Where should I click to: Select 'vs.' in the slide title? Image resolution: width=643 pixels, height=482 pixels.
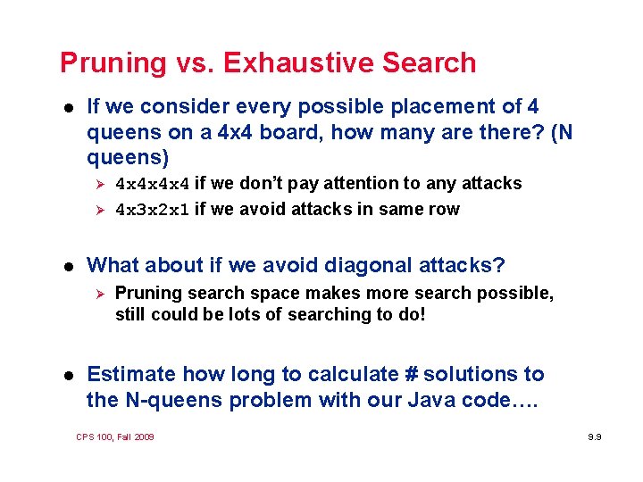click(x=194, y=63)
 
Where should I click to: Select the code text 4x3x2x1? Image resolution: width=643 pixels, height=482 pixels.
click(x=153, y=211)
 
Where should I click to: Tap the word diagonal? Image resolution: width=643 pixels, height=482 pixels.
click(x=372, y=266)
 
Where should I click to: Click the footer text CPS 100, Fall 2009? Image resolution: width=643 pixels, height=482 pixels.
click(x=115, y=436)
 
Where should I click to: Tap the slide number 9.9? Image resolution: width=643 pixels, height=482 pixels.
click(x=595, y=437)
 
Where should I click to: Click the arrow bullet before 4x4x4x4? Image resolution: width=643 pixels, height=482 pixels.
click(x=100, y=184)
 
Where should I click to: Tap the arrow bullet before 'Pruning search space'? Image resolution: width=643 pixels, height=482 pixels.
click(x=100, y=294)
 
